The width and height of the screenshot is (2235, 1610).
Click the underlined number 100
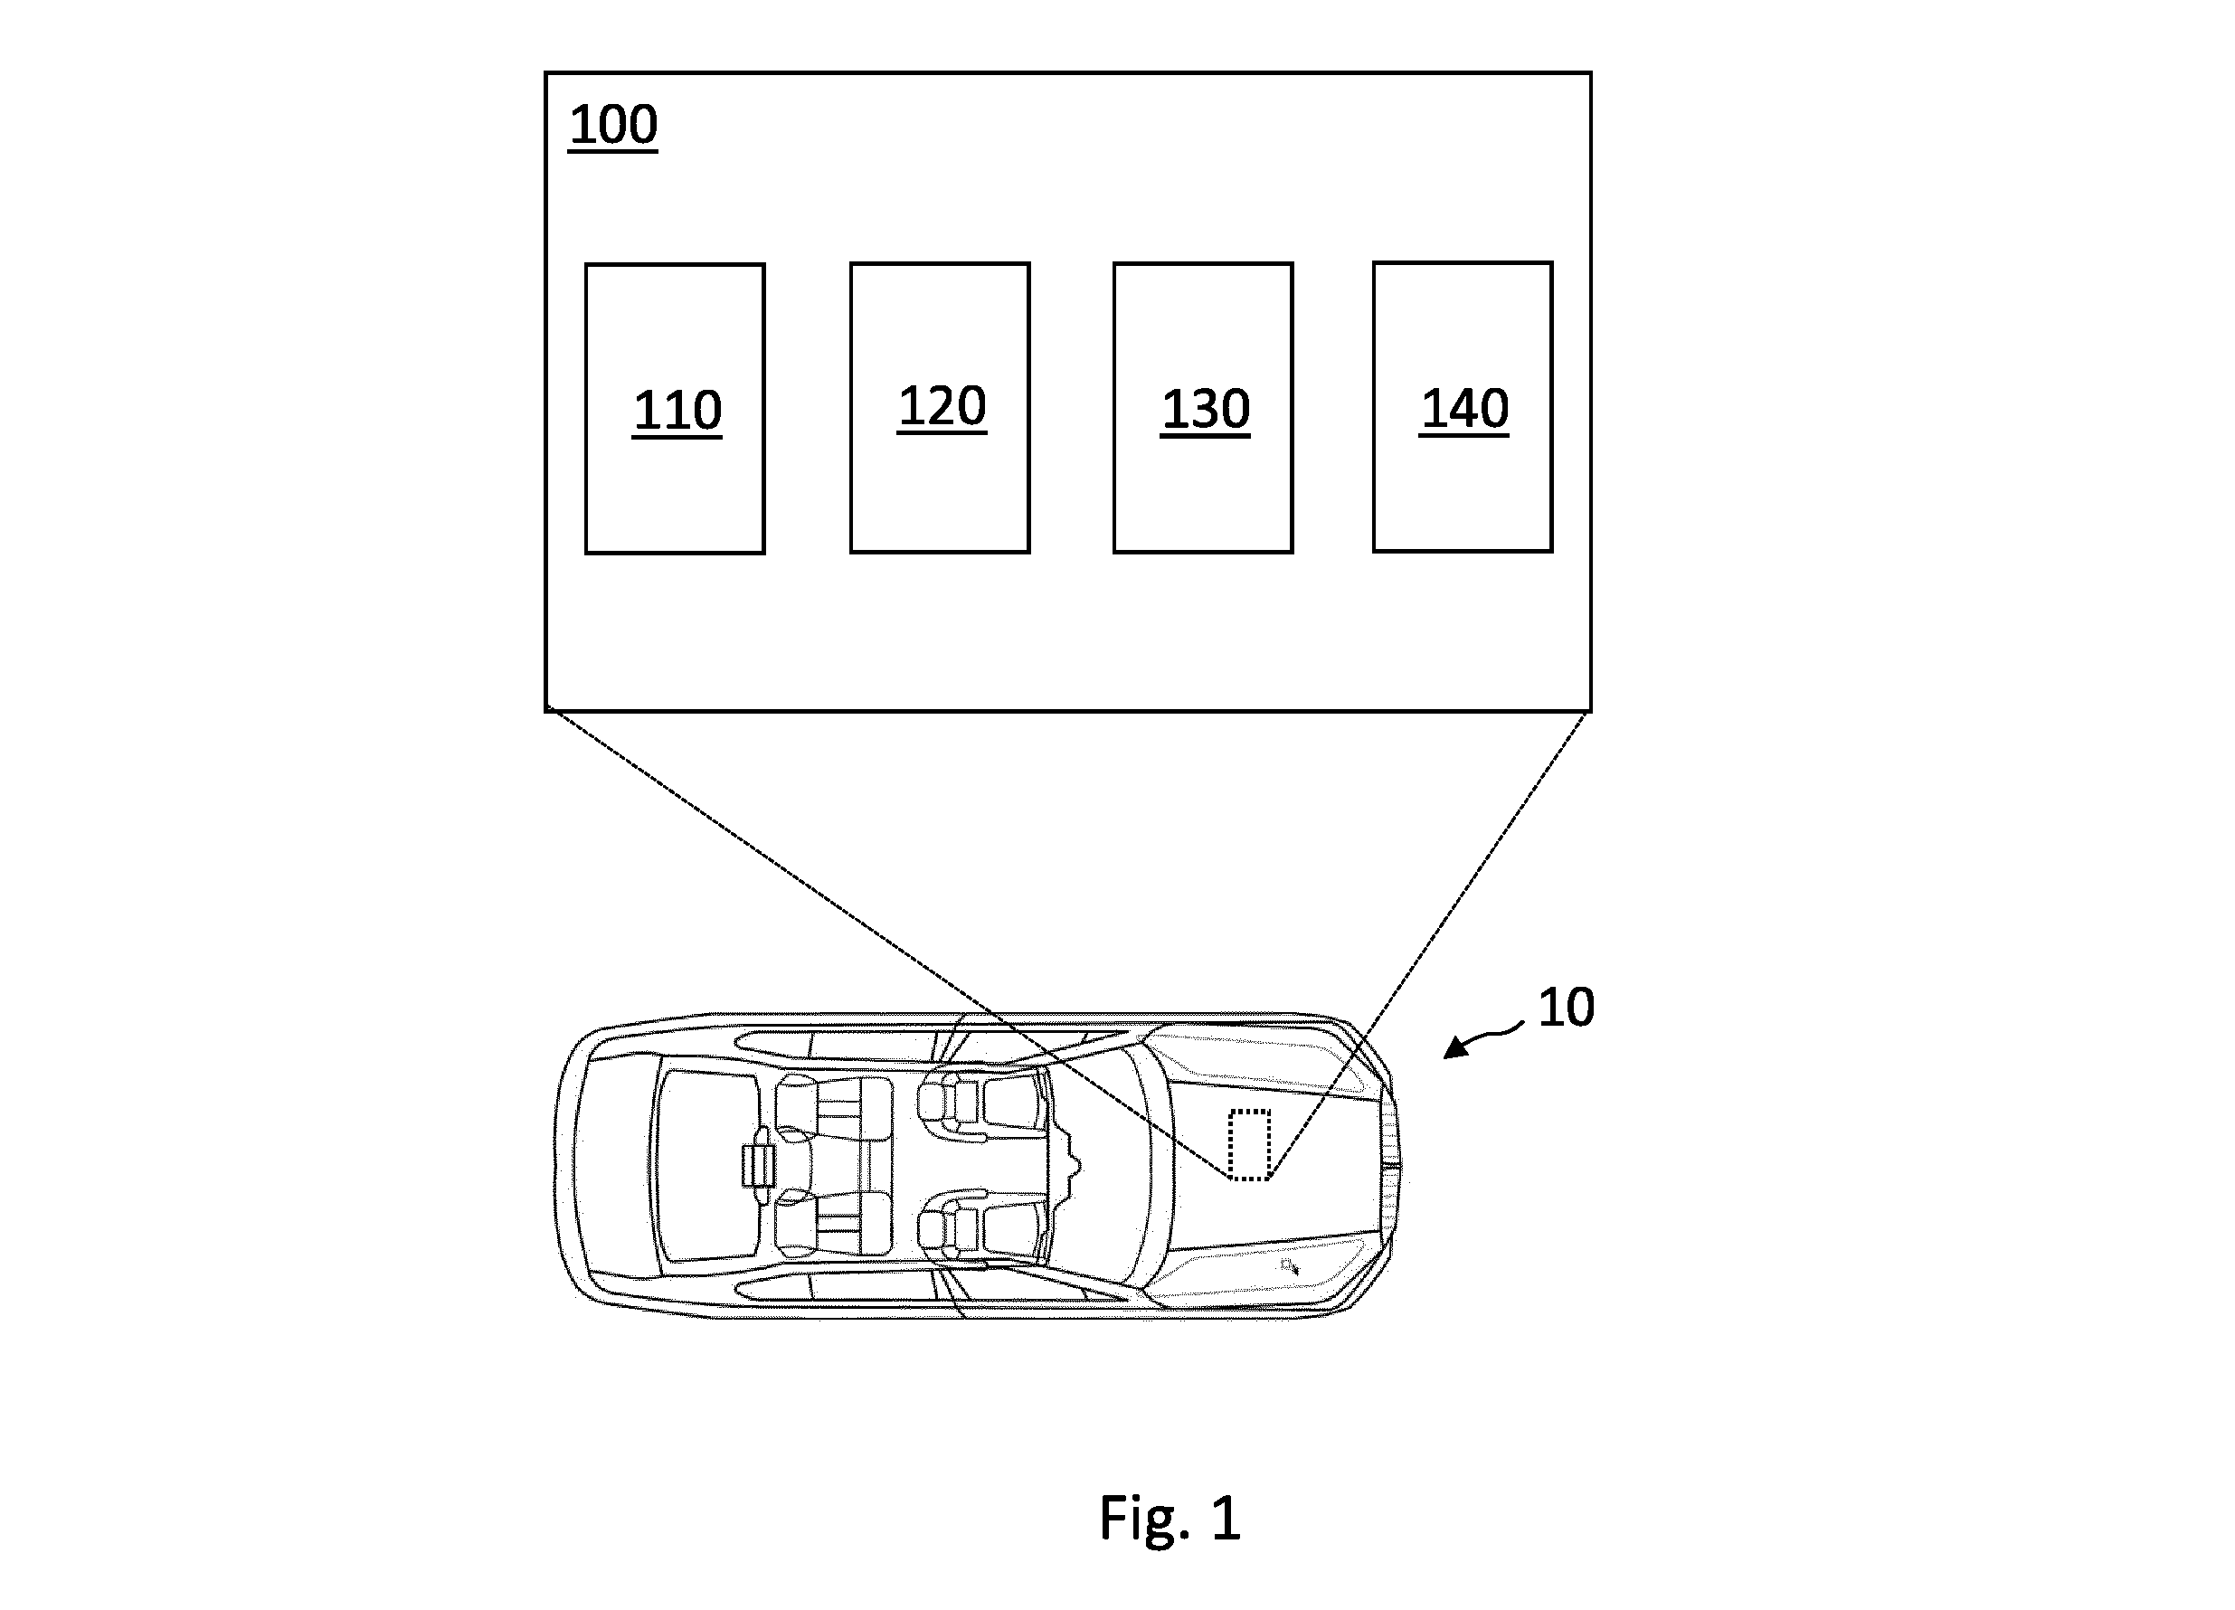613,125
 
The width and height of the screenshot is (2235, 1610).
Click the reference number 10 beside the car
1566,1008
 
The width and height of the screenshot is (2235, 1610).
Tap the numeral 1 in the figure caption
1224,1518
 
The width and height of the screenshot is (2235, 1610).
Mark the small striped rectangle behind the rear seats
758,1166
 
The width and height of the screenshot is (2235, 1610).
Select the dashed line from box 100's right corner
1430,944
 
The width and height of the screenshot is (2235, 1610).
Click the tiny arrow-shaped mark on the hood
1289,1266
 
